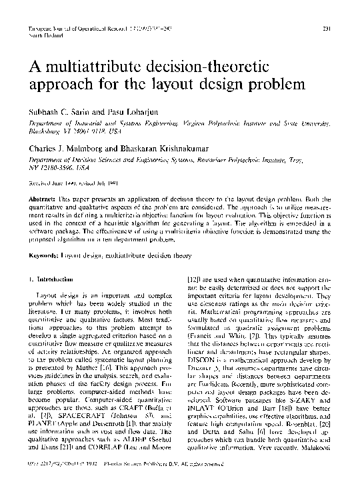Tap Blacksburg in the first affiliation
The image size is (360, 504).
pyautogui.click(x=45, y=131)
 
